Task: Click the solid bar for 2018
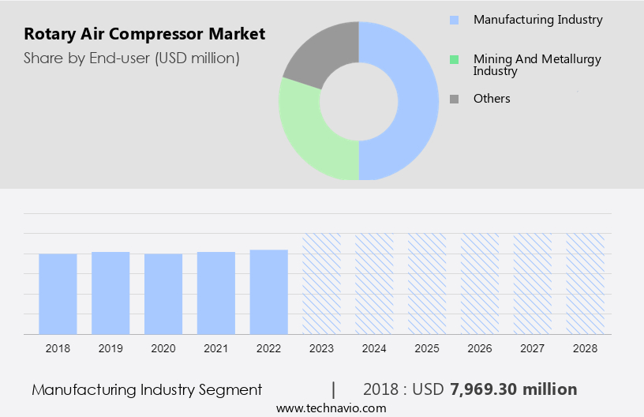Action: click(x=58, y=293)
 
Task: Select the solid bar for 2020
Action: click(x=163, y=293)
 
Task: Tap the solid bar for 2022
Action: click(x=269, y=291)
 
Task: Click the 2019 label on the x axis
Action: click(x=110, y=347)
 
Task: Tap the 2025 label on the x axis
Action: click(x=427, y=347)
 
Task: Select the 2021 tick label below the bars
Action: click(x=216, y=347)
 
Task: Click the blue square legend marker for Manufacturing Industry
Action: click(x=454, y=20)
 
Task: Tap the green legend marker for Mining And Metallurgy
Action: click(x=454, y=59)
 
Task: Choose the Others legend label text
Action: click(x=492, y=99)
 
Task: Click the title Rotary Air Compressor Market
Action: click(x=144, y=34)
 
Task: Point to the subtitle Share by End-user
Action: click(x=132, y=58)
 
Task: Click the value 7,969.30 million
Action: click(x=513, y=389)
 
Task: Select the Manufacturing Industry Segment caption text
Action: click(x=147, y=389)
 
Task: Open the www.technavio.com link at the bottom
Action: click(x=331, y=408)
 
